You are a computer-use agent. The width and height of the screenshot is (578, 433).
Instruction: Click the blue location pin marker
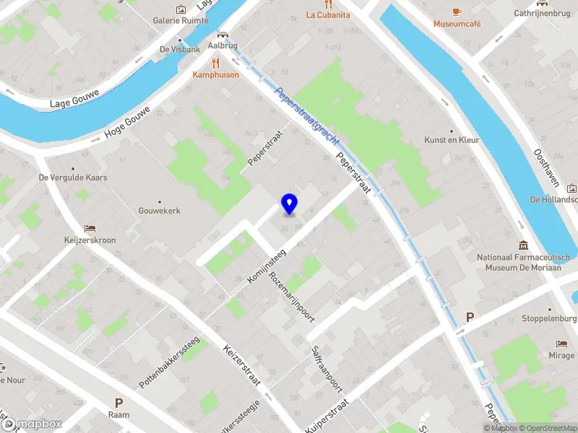[x=290, y=204]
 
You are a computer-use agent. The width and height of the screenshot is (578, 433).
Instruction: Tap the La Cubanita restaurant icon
[x=328, y=3]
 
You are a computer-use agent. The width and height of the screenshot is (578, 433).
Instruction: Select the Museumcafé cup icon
[x=456, y=12]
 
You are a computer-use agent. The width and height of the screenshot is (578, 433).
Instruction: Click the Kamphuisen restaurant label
[x=215, y=74]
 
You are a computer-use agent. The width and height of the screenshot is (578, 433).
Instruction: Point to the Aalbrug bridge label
[x=222, y=45]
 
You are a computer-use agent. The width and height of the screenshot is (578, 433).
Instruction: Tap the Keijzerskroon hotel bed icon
[x=89, y=228]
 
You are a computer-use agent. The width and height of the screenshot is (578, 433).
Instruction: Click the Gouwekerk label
[x=159, y=211]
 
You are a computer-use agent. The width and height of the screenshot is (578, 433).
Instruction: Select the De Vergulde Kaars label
[x=73, y=177]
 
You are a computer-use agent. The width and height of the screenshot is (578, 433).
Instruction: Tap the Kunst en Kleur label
[x=452, y=140]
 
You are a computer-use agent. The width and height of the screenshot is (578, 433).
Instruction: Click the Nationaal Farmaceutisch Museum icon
[x=523, y=245]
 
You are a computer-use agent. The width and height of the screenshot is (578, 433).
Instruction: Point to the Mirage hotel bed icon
[x=561, y=344]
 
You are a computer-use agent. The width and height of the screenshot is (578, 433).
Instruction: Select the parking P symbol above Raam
[x=118, y=403]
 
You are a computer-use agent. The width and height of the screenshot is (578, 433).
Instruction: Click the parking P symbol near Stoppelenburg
[x=470, y=317]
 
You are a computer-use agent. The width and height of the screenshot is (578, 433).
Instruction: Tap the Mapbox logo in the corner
[x=32, y=424]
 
